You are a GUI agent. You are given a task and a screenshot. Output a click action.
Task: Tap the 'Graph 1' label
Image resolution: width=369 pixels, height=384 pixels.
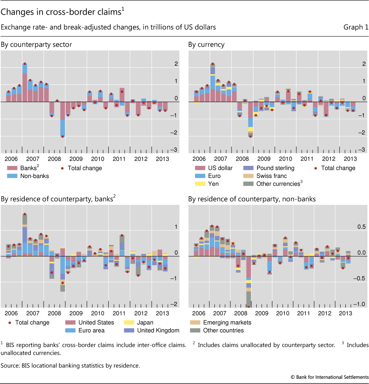(356, 27)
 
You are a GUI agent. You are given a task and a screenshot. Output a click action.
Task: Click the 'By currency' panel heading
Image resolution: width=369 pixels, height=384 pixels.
(206, 45)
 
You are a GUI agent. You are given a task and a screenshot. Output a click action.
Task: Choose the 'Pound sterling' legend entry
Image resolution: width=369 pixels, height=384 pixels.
(275, 168)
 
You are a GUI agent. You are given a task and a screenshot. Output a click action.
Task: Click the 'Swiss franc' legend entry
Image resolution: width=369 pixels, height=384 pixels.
(271, 176)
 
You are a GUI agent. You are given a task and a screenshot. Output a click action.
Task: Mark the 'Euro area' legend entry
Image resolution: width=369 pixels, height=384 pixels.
(86, 330)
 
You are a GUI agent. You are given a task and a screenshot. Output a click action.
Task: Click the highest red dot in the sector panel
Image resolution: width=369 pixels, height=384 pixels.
(25, 64)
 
